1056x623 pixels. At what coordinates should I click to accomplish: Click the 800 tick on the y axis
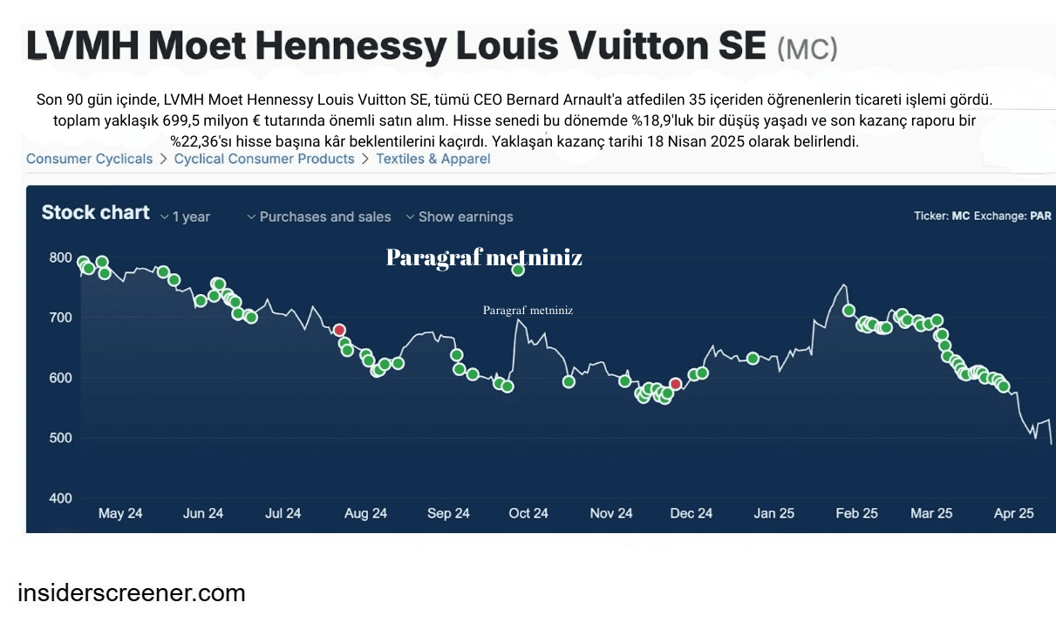tap(61, 257)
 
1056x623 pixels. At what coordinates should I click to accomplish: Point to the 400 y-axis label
tap(61, 498)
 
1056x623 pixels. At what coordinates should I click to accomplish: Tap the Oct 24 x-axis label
tap(528, 513)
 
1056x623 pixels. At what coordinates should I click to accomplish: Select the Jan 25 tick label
tap(773, 513)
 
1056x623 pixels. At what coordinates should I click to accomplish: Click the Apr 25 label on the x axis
tap(1014, 513)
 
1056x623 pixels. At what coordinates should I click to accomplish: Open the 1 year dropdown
tap(186, 216)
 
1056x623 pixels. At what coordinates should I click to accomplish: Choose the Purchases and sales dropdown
tap(319, 216)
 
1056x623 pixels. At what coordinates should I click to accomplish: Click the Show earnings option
tap(460, 216)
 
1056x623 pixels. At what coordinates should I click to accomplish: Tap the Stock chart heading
tap(96, 213)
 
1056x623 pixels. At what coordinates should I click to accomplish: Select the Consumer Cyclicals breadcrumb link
tap(89, 159)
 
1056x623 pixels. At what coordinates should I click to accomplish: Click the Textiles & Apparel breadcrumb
tap(433, 159)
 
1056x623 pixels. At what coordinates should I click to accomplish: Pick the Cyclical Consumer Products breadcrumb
tap(264, 159)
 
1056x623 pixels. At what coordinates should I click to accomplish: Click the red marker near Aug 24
tap(339, 330)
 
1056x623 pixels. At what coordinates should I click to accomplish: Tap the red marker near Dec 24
tap(675, 384)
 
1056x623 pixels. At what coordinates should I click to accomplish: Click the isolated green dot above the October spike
tap(518, 270)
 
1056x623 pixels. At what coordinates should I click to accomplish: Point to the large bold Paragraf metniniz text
tap(484, 257)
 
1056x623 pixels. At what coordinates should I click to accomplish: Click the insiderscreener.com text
tap(132, 593)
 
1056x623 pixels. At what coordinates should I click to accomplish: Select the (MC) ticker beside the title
tap(807, 50)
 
